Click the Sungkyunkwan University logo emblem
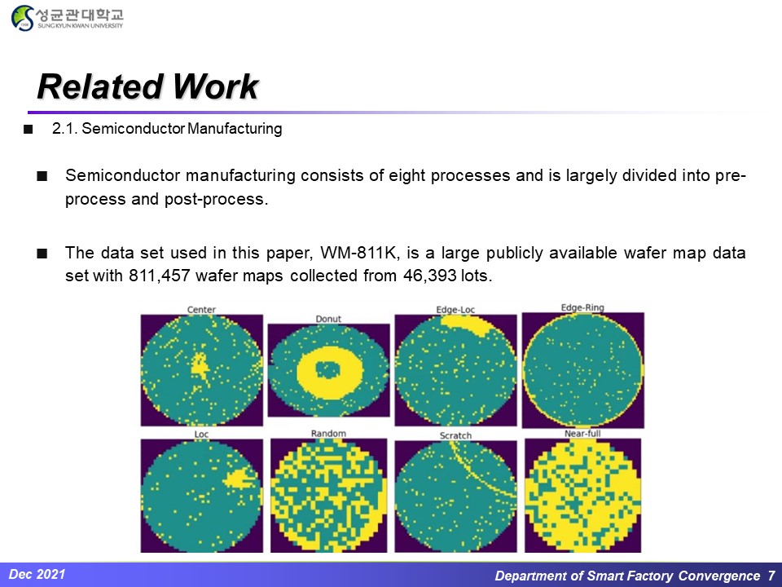23,18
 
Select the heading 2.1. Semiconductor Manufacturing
167,129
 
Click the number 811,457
160,276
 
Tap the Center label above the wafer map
201,310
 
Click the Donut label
328,319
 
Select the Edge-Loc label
455,310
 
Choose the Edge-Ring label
582,307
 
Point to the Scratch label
455,435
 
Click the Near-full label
582,433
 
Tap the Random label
328,433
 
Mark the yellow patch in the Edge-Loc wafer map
465,324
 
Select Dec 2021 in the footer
37,575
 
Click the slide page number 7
771,576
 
